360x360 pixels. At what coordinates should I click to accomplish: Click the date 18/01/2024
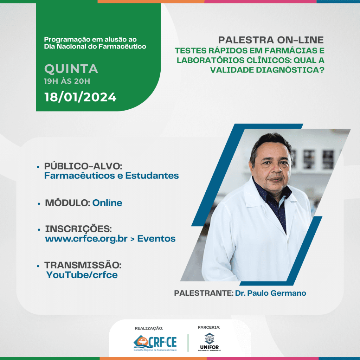(81, 97)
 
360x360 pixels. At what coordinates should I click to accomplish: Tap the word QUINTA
(71, 69)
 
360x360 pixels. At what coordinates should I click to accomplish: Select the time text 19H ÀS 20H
(67, 81)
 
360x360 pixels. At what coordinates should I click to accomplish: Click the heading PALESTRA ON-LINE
(271, 40)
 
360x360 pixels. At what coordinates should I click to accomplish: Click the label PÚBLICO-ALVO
(83, 166)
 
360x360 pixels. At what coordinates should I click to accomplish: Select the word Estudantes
(152, 176)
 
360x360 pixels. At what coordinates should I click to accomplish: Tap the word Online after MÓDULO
(107, 203)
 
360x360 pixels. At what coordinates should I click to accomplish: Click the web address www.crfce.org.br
(86, 239)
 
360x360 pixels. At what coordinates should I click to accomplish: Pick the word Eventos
(156, 239)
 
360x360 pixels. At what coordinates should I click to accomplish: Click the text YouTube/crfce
(82, 275)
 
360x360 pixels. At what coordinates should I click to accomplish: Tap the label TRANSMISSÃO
(83, 265)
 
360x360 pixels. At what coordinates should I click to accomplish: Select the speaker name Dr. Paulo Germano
(270, 293)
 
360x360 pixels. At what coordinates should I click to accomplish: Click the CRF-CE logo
(155, 343)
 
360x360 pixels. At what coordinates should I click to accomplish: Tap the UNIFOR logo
(210, 342)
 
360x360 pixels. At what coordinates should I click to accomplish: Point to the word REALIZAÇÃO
(149, 328)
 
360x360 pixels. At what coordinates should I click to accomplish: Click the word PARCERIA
(209, 327)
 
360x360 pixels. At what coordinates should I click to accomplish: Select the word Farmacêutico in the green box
(122, 46)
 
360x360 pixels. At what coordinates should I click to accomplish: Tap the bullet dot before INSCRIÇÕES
(39, 230)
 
